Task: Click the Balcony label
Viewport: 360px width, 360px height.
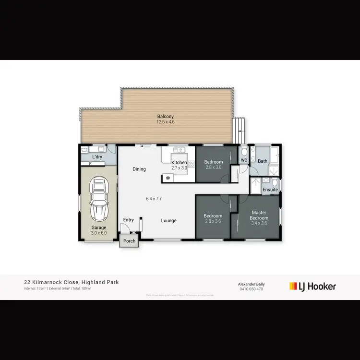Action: [165, 116]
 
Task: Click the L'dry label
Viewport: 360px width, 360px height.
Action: [97, 157]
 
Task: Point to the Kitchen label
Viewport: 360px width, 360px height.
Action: [179, 162]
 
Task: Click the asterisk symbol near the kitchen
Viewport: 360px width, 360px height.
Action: [168, 178]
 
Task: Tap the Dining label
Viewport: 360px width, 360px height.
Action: [139, 169]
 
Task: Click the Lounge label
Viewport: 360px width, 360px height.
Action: [168, 221]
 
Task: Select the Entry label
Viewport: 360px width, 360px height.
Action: [129, 220]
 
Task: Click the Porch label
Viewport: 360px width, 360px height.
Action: [129, 240]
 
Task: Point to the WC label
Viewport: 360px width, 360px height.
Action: [244, 160]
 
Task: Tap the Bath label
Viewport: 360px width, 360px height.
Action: [262, 161]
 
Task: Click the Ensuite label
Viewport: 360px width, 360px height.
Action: [270, 190]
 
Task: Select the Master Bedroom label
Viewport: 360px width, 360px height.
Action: [259, 215]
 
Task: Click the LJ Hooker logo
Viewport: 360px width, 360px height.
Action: [312, 287]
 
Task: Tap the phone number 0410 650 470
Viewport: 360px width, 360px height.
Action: [252, 289]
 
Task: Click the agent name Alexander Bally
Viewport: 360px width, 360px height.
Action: [252, 284]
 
